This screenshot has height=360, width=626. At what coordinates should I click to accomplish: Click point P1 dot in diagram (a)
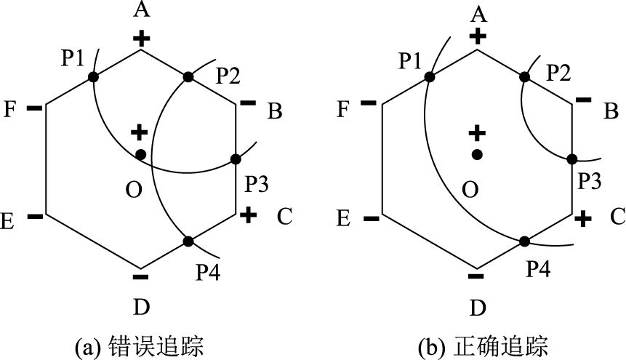(93, 76)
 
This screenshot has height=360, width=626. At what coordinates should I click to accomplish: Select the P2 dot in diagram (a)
(188, 76)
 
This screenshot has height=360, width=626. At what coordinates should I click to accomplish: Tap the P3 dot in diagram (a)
(236, 159)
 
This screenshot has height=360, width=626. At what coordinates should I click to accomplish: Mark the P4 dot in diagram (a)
(188, 241)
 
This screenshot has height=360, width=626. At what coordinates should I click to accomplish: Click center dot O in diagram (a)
(140, 154)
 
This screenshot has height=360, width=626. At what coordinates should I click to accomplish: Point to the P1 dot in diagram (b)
(429, 76)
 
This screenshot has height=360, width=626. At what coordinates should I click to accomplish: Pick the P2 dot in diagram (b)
(523, 76)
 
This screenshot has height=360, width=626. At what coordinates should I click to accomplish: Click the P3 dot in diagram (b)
(571, 159)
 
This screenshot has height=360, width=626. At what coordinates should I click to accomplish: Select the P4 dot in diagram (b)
(523, 241)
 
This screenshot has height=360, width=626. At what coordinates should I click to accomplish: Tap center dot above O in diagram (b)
(476, 154)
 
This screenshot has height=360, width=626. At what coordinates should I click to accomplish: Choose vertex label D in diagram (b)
(477, 307)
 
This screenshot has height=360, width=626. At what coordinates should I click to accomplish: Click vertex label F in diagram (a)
(10, 111)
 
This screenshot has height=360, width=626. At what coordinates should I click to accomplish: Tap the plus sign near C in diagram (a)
(247, 215)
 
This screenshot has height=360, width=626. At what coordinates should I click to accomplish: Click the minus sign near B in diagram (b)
(583, 100)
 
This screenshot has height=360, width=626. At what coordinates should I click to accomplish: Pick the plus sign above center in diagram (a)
(139, 132)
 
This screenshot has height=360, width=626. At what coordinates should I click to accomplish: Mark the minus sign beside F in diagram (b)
(369, 103)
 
